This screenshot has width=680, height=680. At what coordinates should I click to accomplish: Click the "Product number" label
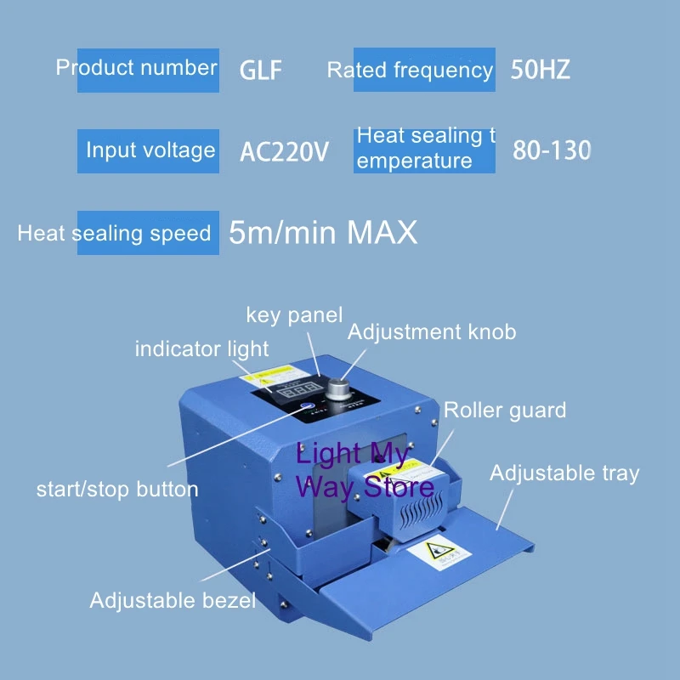[x=136, y=68]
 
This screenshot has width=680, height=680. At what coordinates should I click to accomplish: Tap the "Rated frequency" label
[x=410, y=71]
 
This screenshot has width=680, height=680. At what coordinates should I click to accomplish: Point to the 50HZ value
[x=541, y=70]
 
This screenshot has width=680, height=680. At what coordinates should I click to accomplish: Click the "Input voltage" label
[x=150, y=150]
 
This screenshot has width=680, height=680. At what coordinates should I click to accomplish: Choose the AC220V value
[x=284, y=152]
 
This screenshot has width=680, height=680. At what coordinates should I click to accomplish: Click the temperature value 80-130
[x=552, y=150]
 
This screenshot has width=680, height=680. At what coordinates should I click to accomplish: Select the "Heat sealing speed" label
[x=114, y=233]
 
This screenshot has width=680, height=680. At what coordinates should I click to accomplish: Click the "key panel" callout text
[x=294, y=315]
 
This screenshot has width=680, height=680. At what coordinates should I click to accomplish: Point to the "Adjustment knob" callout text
[x=431, y=331]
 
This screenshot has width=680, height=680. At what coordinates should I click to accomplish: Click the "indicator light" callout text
[x=201, y=348]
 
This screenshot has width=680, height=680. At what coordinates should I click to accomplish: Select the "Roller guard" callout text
[x=505, y=411]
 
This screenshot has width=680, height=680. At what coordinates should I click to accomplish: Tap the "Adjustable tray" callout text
[x=564, y=473]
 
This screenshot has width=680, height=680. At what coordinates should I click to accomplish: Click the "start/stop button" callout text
[x=117, y=489]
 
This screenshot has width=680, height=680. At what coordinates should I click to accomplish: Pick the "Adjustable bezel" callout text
[x=173, y=600]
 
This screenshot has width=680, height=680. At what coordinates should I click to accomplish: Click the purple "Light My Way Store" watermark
[x=364, y=470]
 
